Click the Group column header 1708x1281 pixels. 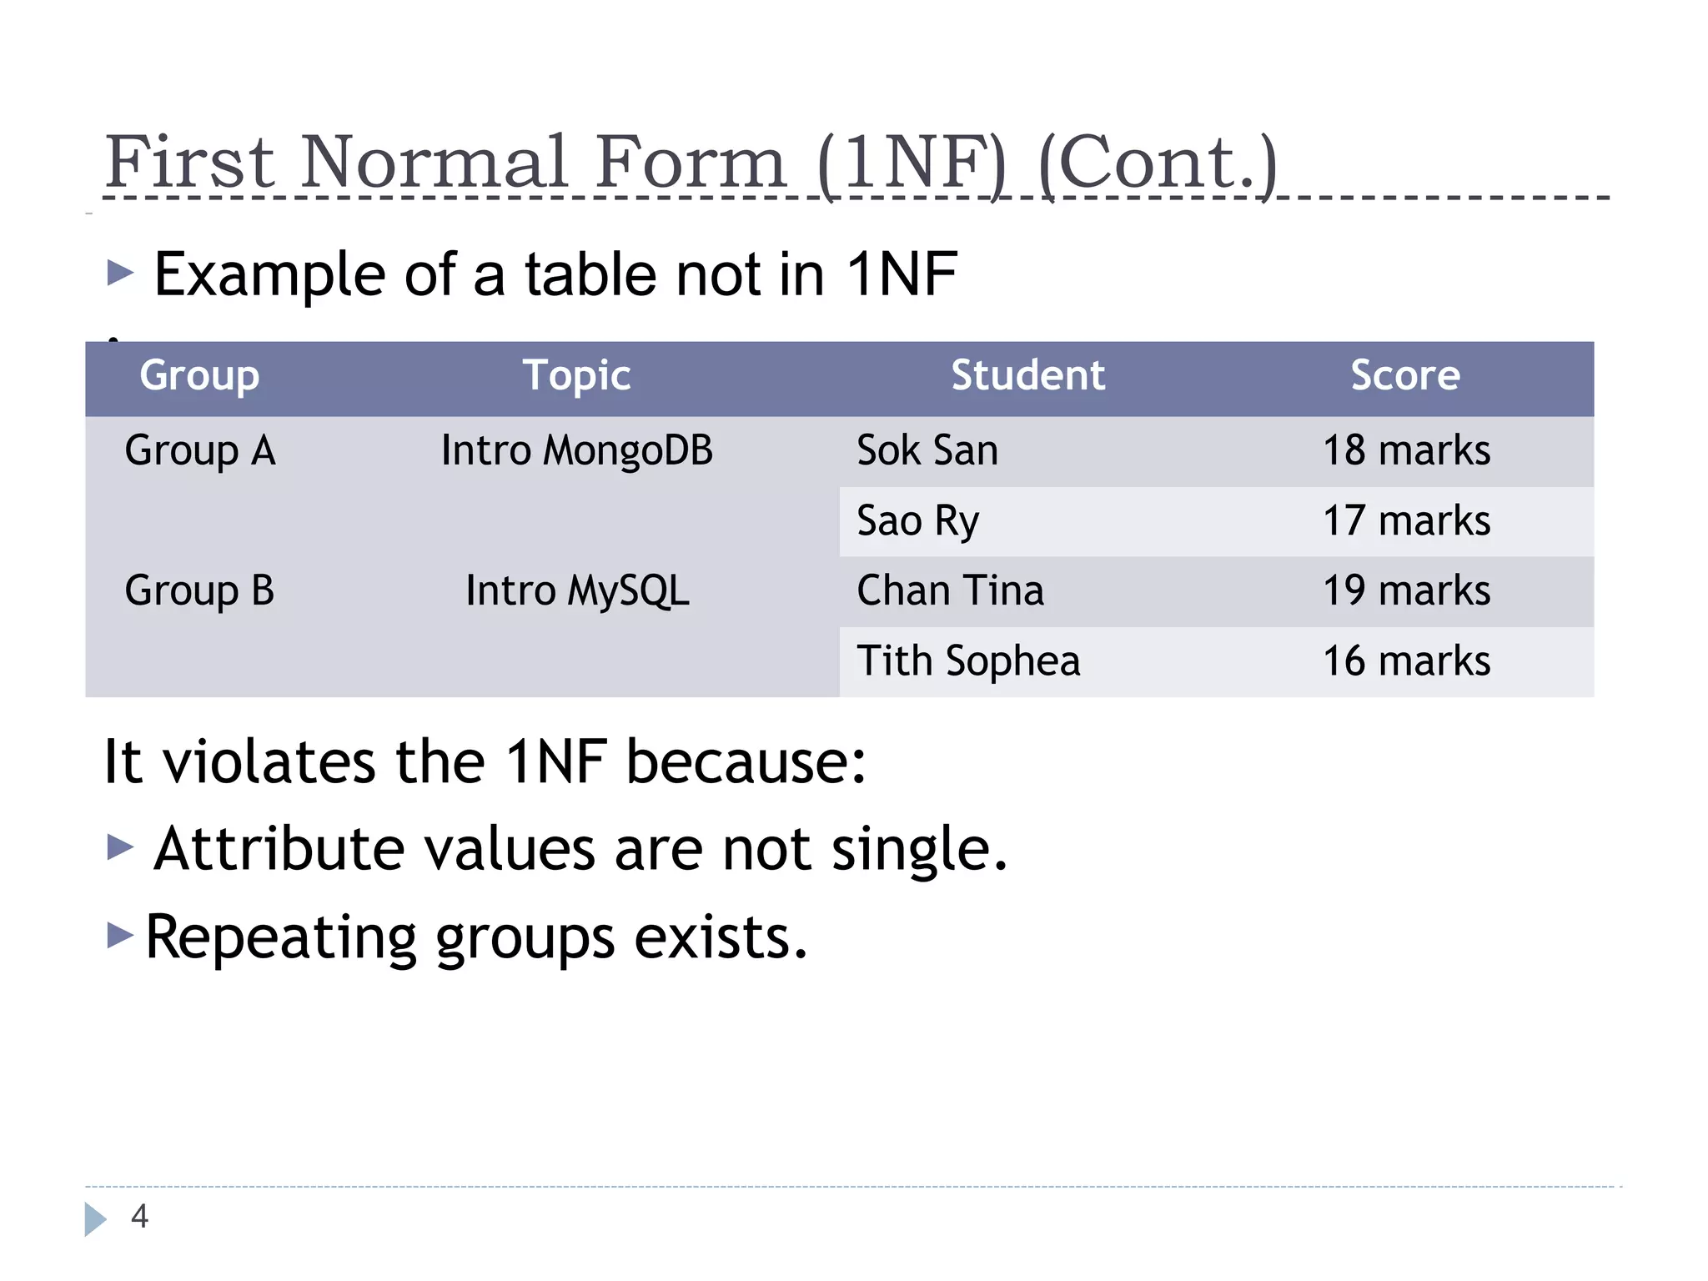[x=199, y=376]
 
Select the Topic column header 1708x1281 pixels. [x=576, y=376]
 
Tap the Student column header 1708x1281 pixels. [x=1027, y=376]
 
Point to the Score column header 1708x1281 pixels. [x=1405, y=376]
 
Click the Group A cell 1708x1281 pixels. [x=200, y=451]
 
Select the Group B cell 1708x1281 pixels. [x=199, y=591]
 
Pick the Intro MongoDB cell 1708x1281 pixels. [x=576, y=451]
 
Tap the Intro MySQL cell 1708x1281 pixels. [x=577, y=591]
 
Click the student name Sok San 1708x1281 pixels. [x=927, y=451]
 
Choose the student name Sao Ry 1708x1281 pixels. [x=917, y=521]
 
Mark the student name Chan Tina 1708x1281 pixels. [x=950, y=591]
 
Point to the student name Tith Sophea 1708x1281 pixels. [x=968, y=661]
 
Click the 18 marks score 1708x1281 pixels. [x=1406, y=451]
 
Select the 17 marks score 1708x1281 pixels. [x=1406, y=521]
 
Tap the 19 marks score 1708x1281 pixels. [x=1406, y=591]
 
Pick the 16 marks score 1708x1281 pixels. [x=1406, y=661]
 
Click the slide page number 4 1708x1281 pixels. [x=139, y=1217]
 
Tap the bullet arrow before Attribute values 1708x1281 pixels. [x=121, y=847]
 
